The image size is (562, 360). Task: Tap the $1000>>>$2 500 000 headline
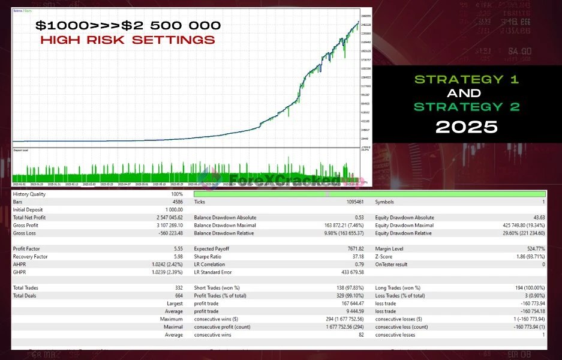point(128,25)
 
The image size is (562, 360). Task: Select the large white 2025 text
point(466,127)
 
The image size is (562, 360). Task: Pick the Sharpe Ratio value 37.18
point(357,256)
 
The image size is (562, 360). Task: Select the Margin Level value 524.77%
point(533,248)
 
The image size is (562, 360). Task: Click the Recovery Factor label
point(32,256)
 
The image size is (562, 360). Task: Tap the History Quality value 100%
point(176,194)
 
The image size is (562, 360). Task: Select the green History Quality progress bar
point(369,194)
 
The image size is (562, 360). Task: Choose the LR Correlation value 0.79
point(359,264)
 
